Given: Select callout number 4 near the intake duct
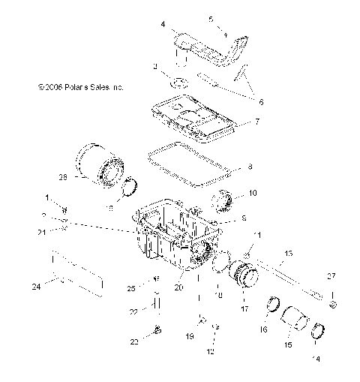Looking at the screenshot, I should tap(163, 25).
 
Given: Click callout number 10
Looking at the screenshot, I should tap(253, 193).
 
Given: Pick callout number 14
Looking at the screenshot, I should tap(316, 359).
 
